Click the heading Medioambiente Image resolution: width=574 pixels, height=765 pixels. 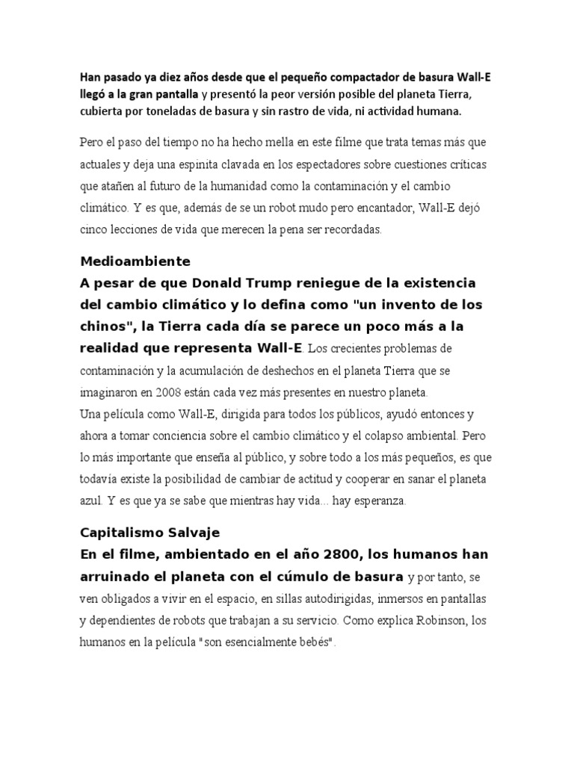click(135, 261)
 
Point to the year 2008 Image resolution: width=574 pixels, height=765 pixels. click(212, 391)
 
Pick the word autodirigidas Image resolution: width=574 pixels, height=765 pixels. click(344, 598)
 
